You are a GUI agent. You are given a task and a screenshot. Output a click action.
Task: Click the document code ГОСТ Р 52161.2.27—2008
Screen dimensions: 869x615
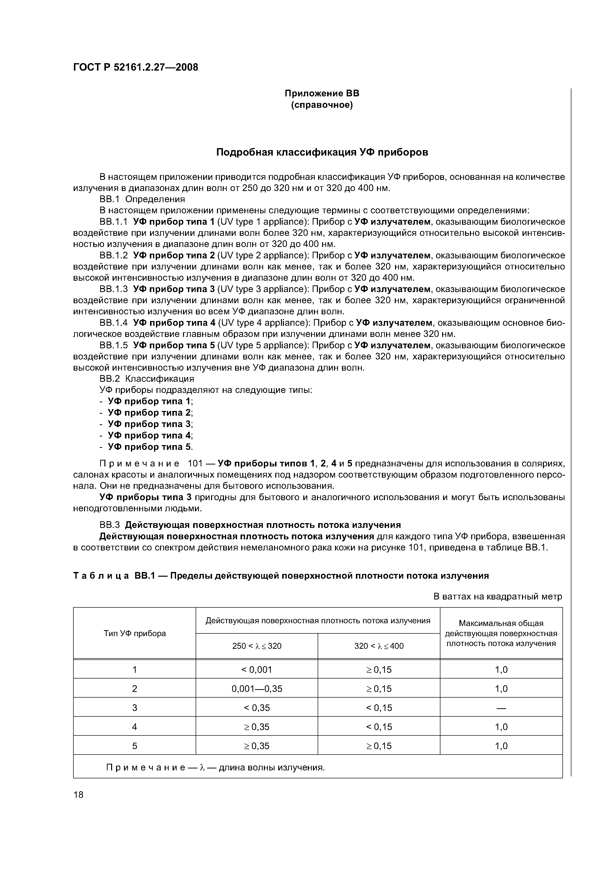[x=135, y=67]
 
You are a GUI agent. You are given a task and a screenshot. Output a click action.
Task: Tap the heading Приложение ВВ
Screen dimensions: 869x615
[x=322, y=93]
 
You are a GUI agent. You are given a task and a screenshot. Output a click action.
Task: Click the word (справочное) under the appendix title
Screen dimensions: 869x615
[x=322, y=105]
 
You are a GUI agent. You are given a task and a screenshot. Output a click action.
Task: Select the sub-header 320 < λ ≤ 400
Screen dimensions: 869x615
[x=379, y=646]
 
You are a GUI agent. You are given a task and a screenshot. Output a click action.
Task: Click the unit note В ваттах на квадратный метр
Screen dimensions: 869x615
[x=497, y=597]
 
